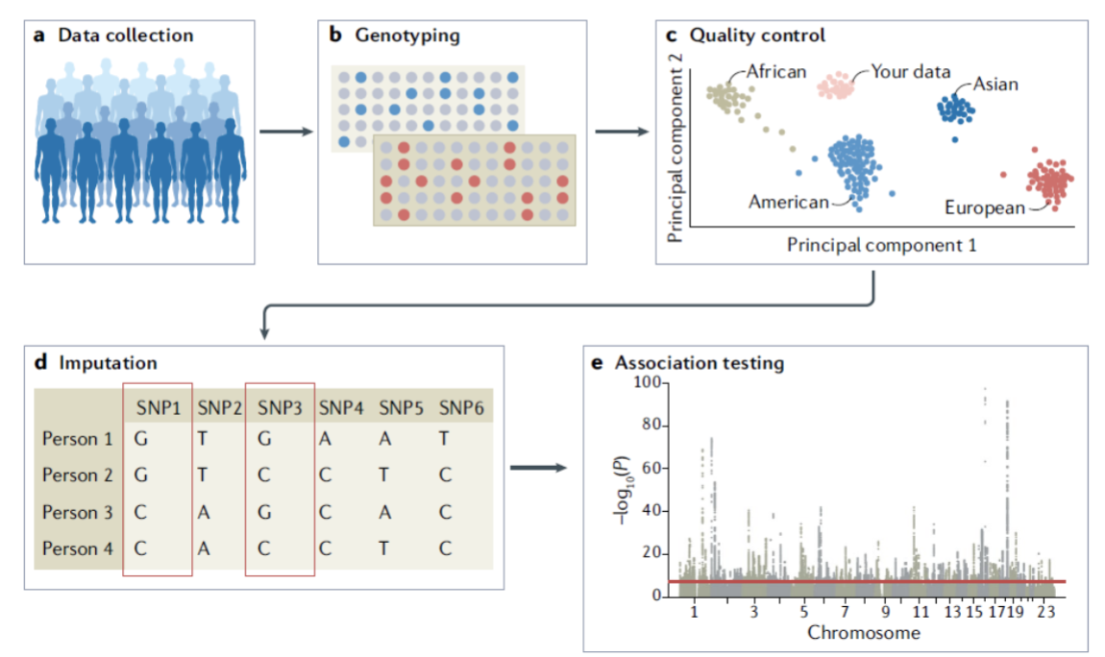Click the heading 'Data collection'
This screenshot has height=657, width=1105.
tap(125, 36)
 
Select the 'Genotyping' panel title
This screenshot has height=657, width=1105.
tap(407, 36)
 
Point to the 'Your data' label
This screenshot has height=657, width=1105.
tap(911, 72)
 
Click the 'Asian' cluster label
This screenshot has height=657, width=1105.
tap(995, 85)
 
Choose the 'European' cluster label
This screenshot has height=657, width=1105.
tap(985, 207)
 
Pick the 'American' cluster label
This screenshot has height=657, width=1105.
tap(788, 203)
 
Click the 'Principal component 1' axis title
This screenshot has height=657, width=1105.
tap(881, 245)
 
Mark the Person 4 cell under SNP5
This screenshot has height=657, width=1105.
tap(384, 548)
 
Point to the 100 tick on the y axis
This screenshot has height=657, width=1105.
tap(652, 383)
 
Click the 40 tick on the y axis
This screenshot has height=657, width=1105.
tap(656, 511)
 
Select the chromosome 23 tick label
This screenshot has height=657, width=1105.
tap(1047, 612)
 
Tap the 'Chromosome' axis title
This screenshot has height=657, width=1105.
tap(864, 633)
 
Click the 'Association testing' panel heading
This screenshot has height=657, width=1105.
tap(700, 364)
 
